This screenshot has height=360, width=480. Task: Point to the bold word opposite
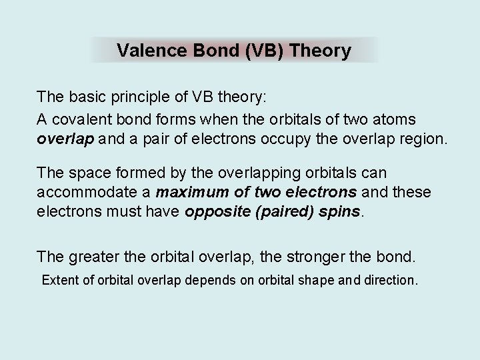[x=217, y=212]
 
